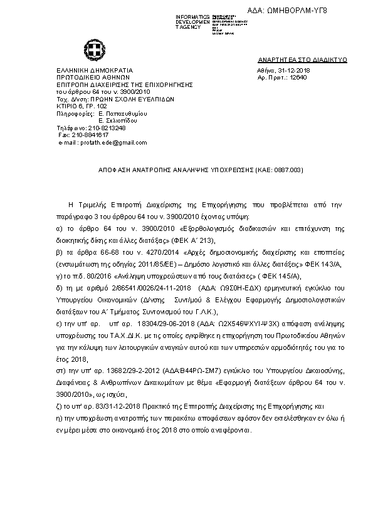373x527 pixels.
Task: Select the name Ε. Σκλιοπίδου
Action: pos(114,120)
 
